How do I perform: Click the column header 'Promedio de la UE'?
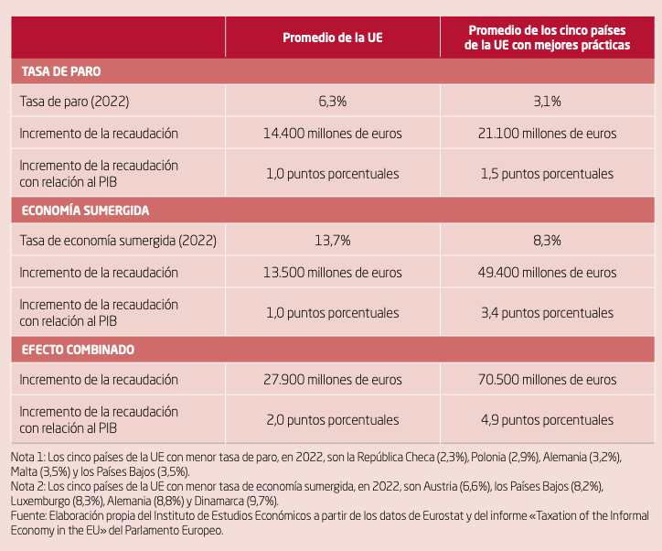click(x=332, y=38)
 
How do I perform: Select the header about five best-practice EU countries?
click(x=547, y=38)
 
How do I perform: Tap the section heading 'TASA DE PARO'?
click(x=61, y=71)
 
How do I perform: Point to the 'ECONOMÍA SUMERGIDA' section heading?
click(x=86, y=211)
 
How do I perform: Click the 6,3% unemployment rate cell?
click(x=332, y=101)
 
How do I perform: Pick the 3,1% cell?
click(x=547, y=101)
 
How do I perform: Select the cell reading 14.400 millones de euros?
click(x=332, y=134)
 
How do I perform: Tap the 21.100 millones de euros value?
click(x=547, y=134)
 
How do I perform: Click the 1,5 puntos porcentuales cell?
click(x=547, y=173)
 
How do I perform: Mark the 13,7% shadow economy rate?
click(x=332, y=241)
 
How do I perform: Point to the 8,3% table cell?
click(x=547, y=241)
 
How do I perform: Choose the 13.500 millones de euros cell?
click(x=332, y=273)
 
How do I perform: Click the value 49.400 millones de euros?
click(x=547, y=273)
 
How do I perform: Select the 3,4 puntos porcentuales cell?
click(x=547, y=312)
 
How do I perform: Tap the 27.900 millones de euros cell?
click(x=332, y=380)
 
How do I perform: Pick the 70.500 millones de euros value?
click(x=547, y=380)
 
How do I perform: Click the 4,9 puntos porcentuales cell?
click(x=547, y=419)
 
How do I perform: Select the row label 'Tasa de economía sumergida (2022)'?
click(x=118, y=241)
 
